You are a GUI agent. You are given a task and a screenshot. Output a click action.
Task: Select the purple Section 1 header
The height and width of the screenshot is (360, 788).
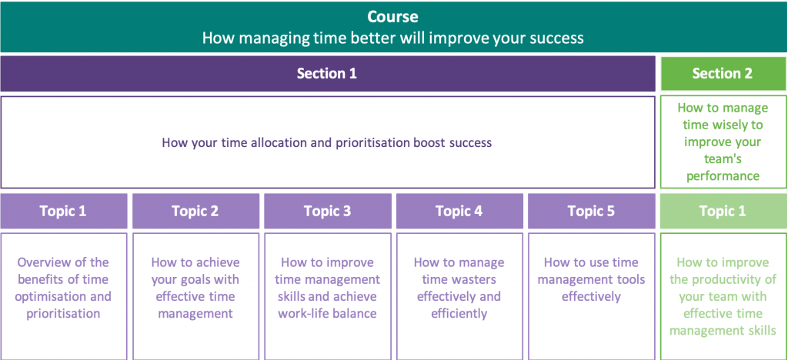tap(327, 74)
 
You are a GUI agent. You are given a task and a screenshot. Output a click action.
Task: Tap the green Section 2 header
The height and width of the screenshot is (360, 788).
tap(722, 74)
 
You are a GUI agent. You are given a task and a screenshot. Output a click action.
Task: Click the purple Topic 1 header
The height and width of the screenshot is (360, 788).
tap(63, 212)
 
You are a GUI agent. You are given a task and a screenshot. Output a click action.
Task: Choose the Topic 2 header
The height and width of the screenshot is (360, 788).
tap(195, 212)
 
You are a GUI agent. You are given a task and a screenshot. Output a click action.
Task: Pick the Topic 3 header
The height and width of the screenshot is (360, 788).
tap(327, 212)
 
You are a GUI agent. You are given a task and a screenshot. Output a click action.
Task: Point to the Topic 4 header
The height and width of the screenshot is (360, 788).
tap(459, 212)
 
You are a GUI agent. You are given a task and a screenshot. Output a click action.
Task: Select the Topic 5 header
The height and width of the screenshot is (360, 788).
tap(591, 212)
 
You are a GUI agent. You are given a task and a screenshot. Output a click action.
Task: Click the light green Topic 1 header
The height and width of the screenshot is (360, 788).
tap(722, 212)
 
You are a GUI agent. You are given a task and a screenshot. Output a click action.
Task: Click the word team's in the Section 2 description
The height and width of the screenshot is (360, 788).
tap(722, 158)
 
